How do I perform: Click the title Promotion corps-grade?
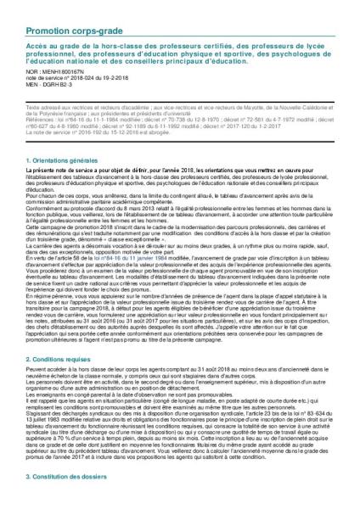click(x=75, y=10)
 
